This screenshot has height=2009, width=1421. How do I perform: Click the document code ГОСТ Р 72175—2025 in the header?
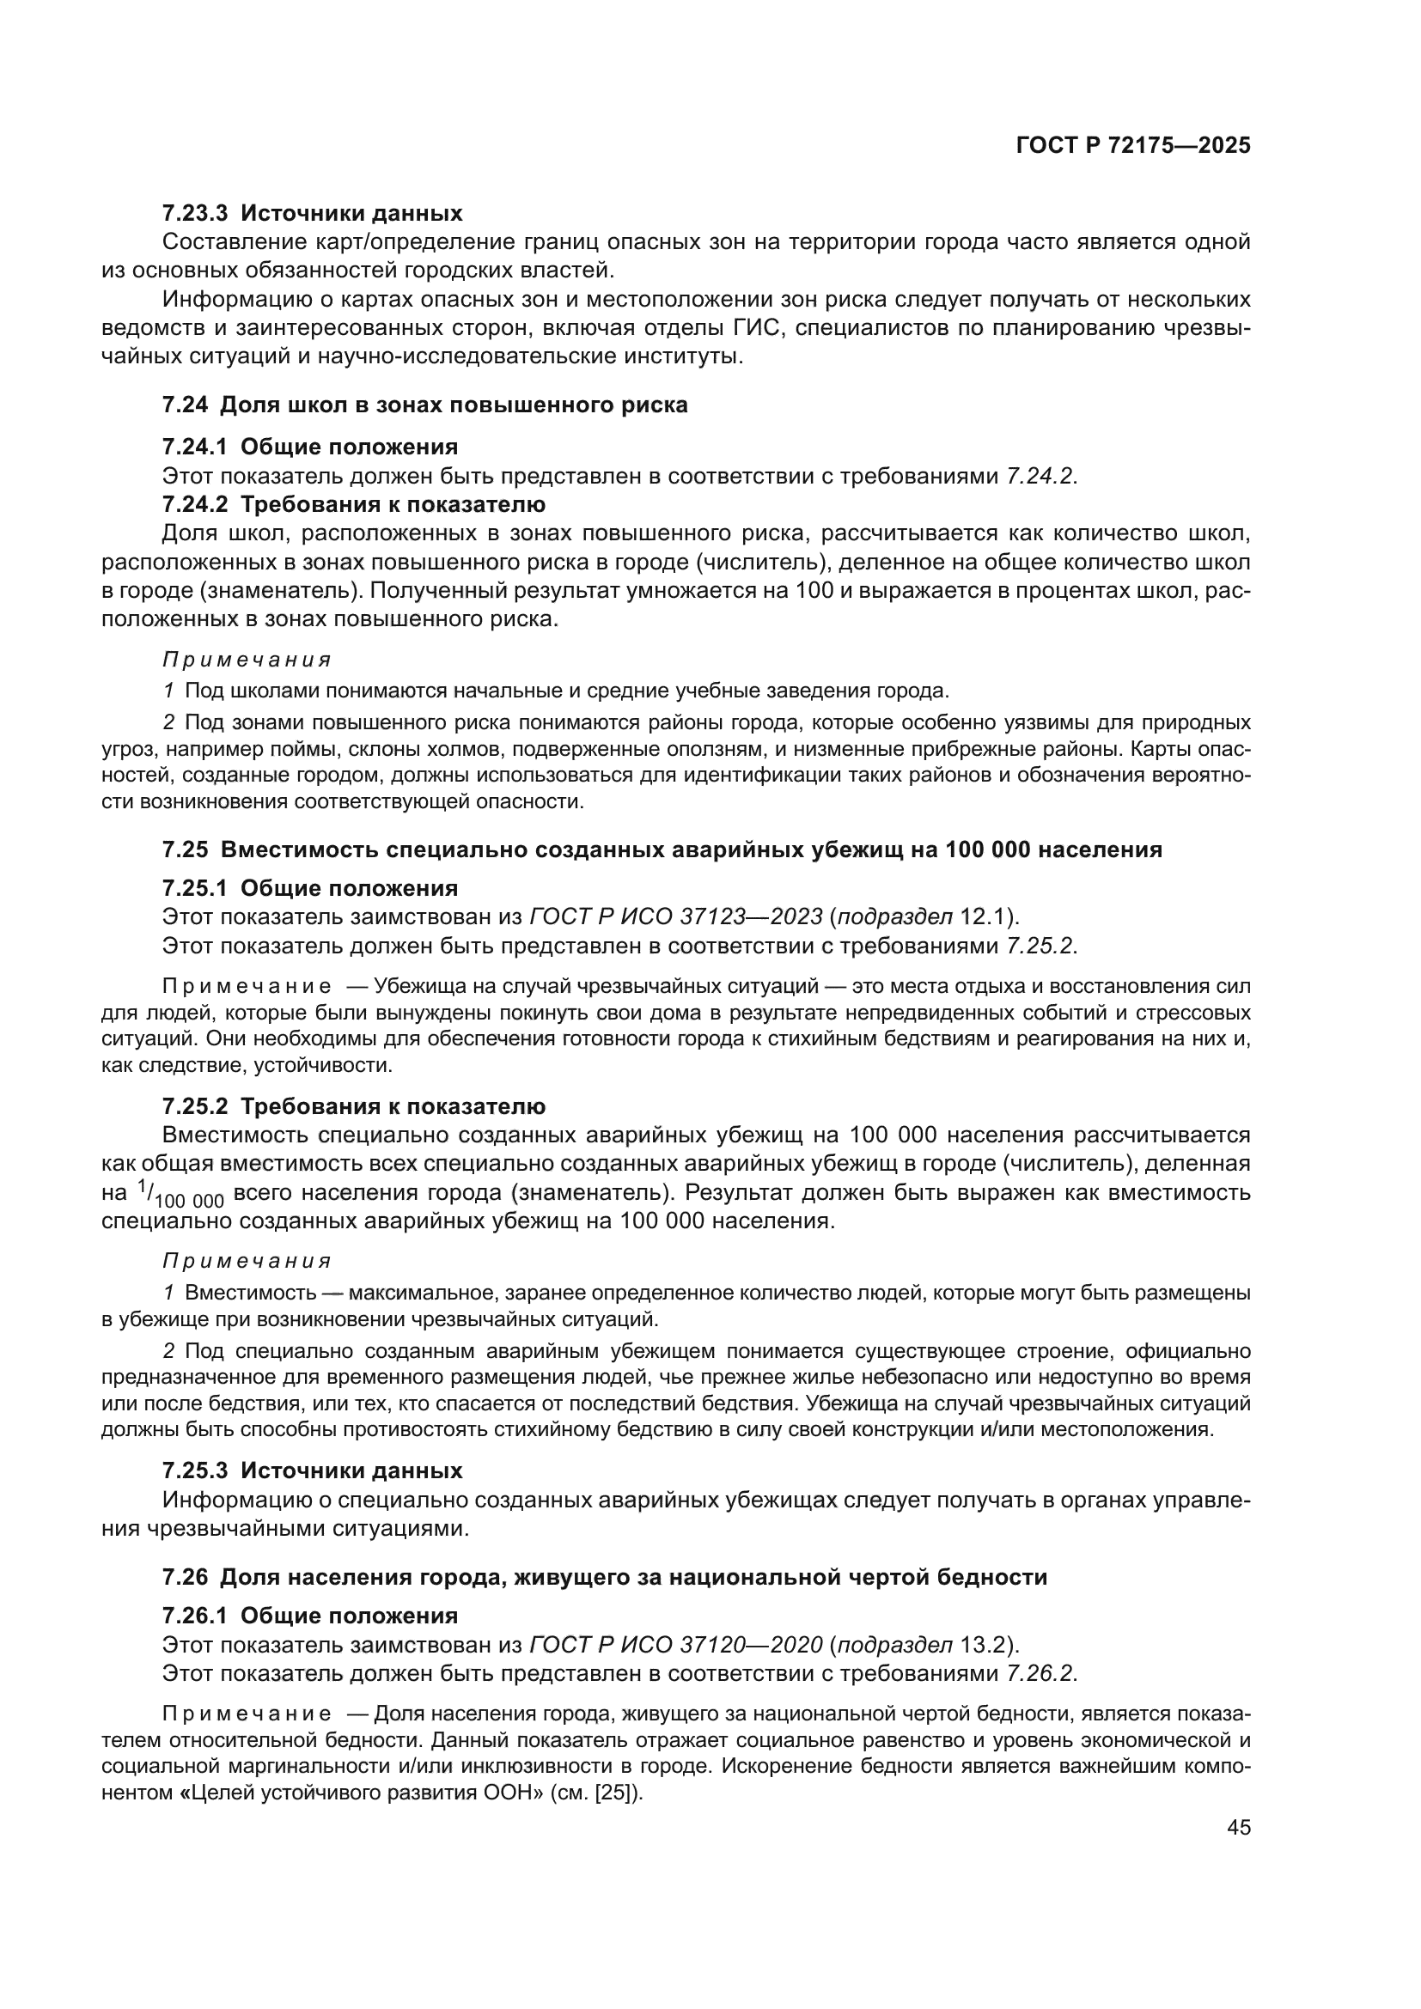coord(1133,146)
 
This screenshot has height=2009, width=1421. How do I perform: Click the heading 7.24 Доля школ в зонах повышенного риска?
coord(425,405)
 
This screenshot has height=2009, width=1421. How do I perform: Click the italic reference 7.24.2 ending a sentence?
coord(1040,476)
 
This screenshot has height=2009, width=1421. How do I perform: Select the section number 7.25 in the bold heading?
coord(185,849)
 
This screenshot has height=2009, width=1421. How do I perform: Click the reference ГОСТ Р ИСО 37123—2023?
coord(676,916)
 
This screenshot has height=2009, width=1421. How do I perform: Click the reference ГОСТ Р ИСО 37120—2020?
coord(676,1644)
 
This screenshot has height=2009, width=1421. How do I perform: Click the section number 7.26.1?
coord(194,1616)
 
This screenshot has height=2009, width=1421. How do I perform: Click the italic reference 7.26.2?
coord(1040,1673)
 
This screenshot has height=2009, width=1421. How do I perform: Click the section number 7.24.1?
coord(194,447)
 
